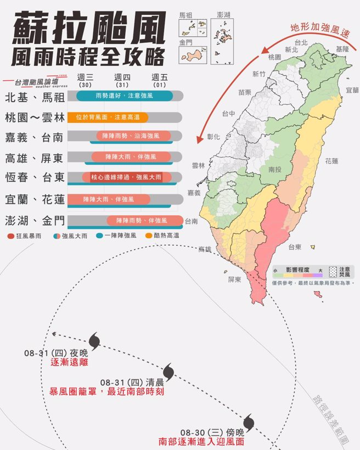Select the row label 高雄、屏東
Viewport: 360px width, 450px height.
click(34, 158)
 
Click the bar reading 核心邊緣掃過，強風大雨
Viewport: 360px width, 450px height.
click(126, 177)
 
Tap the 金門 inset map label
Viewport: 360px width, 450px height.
click(185, 42)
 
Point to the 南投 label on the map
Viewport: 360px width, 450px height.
click(275, 170)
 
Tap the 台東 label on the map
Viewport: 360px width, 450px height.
click(295, 247)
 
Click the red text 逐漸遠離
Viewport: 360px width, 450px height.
click(69, 363)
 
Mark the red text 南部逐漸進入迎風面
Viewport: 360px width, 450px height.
click(201, 441)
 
